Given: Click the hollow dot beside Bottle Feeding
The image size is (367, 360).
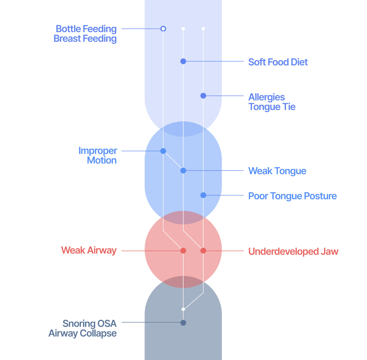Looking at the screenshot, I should coord(163,29).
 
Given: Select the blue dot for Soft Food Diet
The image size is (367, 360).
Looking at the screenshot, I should coord(183,61).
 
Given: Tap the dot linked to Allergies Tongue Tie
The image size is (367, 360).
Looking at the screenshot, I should coord(203,96).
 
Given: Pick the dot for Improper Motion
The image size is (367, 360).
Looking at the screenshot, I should coord(163,151).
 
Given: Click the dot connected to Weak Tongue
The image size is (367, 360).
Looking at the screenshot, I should coord(183,170).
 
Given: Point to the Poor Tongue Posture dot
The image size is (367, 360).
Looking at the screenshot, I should coord(203,195).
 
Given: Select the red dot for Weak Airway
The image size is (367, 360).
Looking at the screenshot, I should coord(183,251).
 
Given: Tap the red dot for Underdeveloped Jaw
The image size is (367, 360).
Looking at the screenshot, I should coord(203,251).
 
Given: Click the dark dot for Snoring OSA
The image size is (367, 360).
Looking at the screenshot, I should coord(183,323).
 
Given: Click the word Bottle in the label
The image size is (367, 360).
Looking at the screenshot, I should coord(68,29).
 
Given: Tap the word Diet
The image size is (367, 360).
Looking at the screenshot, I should coord(299,62).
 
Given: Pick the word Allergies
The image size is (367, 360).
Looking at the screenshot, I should coord(267,97).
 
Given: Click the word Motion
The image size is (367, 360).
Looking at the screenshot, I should coord(102,160).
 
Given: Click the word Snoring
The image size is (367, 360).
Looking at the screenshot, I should coord(79,323).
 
